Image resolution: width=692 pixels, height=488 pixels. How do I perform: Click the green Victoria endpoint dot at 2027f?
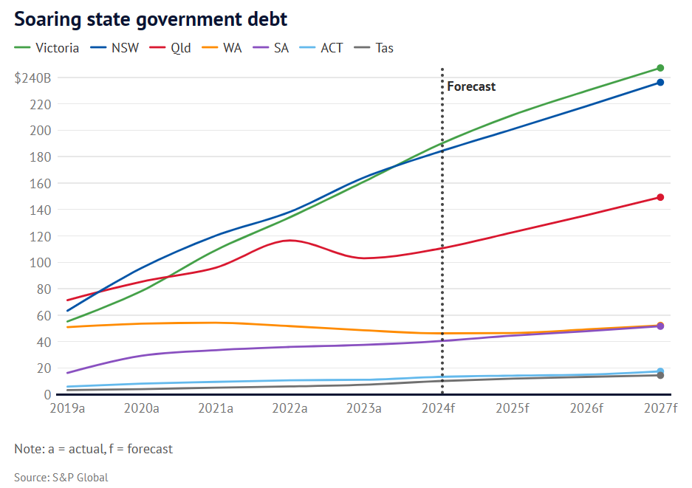coord(660,68)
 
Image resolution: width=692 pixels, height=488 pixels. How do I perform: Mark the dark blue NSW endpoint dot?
coord(660,83)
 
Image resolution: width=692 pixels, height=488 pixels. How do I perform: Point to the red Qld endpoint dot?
coord(660,197)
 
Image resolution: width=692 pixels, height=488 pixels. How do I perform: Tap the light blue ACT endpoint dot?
coord(660,371)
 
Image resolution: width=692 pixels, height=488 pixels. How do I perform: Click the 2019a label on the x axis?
coord(66,408)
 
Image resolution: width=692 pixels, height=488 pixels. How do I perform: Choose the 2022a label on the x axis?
coord(290,408)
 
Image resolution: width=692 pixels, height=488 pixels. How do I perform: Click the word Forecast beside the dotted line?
coord(471,86)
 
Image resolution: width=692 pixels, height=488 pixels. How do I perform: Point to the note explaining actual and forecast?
coord(93,449)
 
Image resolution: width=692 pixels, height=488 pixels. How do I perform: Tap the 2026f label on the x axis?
coord(586,408)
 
